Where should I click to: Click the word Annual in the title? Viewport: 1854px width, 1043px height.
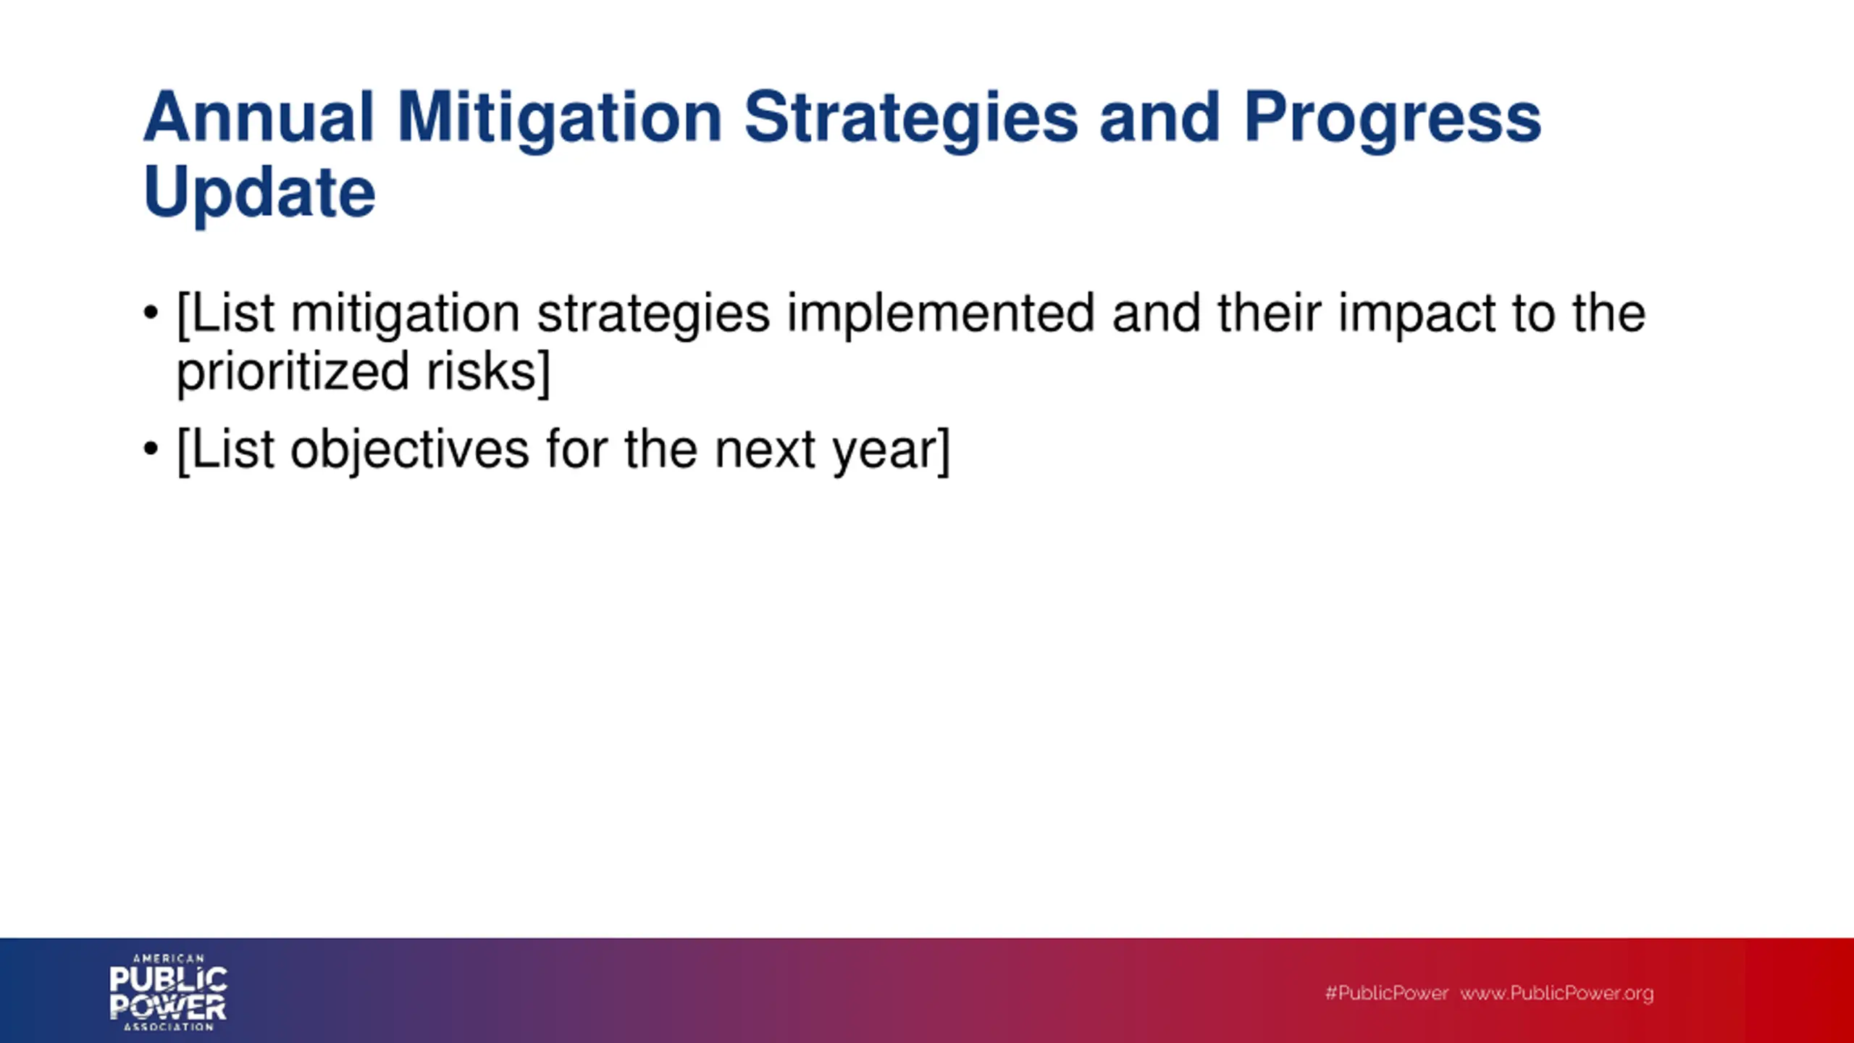point(259,117)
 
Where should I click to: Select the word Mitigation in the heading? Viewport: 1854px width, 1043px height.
point(560,121)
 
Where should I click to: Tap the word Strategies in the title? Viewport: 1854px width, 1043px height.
point(911,121)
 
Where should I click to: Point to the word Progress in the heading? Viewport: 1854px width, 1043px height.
point(1393,121)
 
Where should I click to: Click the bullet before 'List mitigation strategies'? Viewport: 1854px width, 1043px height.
point(151,313)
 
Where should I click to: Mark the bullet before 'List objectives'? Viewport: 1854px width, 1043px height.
point(151,449)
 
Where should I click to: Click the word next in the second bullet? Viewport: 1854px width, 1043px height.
point(765,451)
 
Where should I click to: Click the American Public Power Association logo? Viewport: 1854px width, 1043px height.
point(169,992)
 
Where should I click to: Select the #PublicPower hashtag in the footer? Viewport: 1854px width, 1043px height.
point(1387,993)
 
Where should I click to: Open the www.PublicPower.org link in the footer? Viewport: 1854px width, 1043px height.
point(1557,994)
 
